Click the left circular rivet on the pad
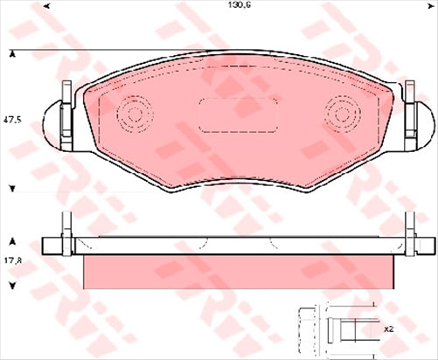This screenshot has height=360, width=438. [134, 114]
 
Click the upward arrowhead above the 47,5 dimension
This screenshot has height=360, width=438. [12, 55]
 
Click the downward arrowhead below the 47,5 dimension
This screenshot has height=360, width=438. [12, 187]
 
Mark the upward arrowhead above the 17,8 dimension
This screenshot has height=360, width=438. [12, 239]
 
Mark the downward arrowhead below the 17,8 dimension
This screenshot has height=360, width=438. [12, 285]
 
